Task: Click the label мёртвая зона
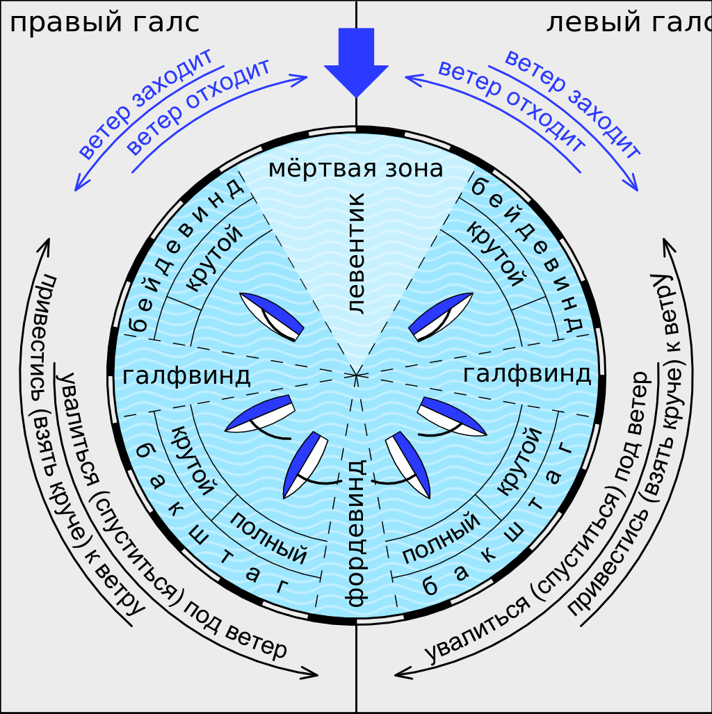click(355, 169)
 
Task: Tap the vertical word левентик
click(355, 254)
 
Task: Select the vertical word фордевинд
click(355, 532)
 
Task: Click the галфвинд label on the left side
click(186, 376)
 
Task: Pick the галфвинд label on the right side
click(526, 374)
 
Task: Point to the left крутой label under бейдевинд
click(216, 258)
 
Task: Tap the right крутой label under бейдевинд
click(495, 254)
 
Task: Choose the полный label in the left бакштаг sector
click(268, 537)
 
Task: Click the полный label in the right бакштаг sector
click(441, 537)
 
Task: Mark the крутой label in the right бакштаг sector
click(519, 461)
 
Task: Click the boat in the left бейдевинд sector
click(272, 317)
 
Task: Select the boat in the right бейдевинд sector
click(440, 317)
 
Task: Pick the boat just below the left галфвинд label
click(260, 415)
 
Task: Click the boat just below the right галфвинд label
click(451, 416)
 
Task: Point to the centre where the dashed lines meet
click(356, 375)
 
